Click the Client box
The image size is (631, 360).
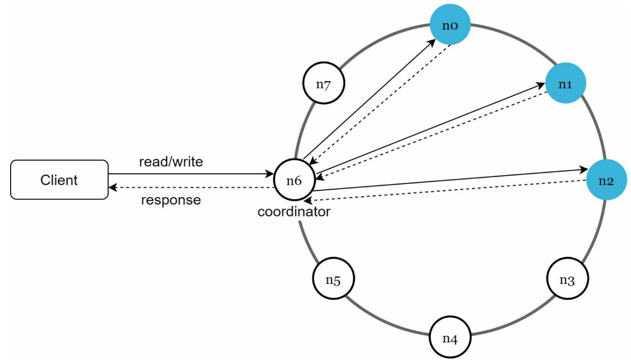tap(59, 180)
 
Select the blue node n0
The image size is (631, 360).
tap(450, 24)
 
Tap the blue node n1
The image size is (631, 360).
tap(566, 83)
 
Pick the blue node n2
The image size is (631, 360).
tap(607, 180)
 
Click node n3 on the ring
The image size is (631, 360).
tap(567, 278)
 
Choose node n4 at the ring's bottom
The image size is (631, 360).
tap(450, 337)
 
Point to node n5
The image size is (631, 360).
tap(333, 278)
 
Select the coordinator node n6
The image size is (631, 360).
tap(294, 180)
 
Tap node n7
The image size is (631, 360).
tap(324, 83)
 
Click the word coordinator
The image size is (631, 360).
tap(294, 212)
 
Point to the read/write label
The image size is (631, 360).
tap(171, 162)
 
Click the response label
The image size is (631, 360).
tap(171, 200)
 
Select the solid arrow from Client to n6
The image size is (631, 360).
tap(191, 174)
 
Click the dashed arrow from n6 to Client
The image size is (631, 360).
tap(191, 187)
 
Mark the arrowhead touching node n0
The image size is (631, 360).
tap(432, 43)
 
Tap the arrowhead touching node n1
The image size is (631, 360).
tap(540, 85)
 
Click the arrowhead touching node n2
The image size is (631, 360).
tap(583, 170)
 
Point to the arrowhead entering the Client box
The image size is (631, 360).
tap(113, 187)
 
